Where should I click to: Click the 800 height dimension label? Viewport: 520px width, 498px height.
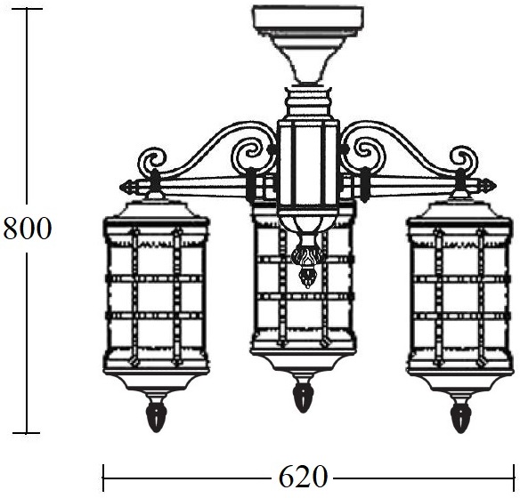coord(28,229)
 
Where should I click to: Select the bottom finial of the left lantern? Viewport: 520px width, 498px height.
coord(156,416)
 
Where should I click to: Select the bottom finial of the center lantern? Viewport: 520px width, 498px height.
coord(303,397)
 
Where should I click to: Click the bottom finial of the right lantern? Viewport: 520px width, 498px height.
coord(460,416)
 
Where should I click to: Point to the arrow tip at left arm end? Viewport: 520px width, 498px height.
coord(120,187)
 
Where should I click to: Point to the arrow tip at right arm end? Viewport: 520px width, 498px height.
coord(496,186)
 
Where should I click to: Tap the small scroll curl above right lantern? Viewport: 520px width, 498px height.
coord(463,157)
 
